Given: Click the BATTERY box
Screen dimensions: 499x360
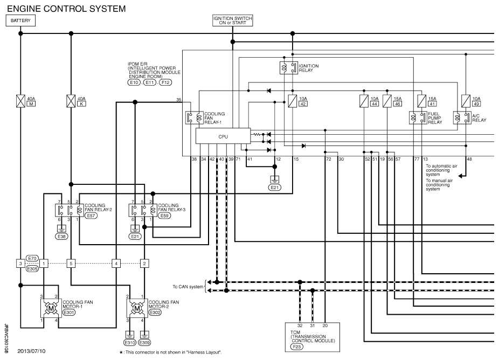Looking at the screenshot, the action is point(20,20).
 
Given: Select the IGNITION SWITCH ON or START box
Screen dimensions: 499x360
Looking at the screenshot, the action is point(233,20).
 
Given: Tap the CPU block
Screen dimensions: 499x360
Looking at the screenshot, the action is point(223,136).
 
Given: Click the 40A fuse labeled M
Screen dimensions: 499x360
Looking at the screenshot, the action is point(20,101).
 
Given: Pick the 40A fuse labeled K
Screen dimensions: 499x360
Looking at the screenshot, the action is point(71,101).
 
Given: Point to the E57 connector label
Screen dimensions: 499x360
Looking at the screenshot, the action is point(91,216).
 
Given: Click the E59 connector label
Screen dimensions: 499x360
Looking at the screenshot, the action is point(164,216).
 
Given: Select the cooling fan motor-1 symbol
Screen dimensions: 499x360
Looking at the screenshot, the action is point(51,308).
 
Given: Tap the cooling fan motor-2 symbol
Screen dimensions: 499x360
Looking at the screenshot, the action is point(137,308).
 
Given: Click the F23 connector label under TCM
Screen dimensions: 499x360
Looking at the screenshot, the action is point(296,347).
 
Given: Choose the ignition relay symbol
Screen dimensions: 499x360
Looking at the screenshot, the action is point(289,68).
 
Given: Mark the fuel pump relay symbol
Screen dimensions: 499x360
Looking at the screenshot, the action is point(418,118).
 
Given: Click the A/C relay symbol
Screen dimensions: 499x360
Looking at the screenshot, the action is point(462,118).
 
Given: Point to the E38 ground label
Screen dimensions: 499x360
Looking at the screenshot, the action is point(61,237).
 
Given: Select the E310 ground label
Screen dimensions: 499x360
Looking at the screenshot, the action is point(129,343).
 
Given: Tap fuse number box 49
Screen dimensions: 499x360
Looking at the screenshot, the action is point(476,104).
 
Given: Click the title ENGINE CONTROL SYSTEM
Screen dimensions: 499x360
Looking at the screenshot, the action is point(66,9).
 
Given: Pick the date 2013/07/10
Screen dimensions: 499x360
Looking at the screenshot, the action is point(31,351).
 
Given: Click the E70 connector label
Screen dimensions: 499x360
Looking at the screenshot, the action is point(32,259).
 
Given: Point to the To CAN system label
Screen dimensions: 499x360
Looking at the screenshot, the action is point(188,287).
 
